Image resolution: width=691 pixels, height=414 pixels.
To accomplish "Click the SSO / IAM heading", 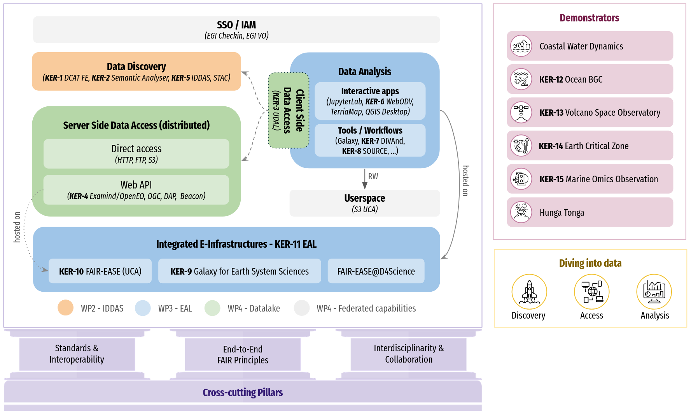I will pyautogui.click(x=236, y=25).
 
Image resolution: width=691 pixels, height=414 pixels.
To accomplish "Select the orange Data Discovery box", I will pyautogui.click(x=136, y=72).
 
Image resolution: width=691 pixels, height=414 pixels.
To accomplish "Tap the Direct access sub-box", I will pyautogui.click(x=136, y=154).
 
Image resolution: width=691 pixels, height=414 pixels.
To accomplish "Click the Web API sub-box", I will pyautogui.click(x=136, y=190).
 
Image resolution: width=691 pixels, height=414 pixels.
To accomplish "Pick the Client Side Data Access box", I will pyautogui.click(x=289, y=111).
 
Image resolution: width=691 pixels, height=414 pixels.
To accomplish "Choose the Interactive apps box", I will pyautogui.click(x=370, y=101).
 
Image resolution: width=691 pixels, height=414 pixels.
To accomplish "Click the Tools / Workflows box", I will pyautogui.click(x=370, y=140).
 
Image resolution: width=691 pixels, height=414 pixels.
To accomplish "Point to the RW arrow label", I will pyautogui.click(x=373, y=176).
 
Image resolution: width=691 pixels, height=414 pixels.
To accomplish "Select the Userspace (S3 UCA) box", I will pyautogui.click(x=364, y=203).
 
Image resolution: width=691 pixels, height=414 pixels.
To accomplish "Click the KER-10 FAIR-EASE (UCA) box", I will pyautogui.click(x=100, y=271).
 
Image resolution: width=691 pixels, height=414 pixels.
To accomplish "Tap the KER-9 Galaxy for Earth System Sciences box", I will pyautogui.click(x=240, y=271).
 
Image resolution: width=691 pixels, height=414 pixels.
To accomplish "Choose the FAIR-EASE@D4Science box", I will pyautogui.click(x=376, y=271).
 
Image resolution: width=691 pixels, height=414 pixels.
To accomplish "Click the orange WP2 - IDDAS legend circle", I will pyautogui.click(x=66, y=308).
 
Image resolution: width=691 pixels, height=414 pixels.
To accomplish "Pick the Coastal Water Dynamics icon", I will pyautogui.click(x=521, y=46).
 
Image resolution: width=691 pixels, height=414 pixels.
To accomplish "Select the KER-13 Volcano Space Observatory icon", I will pyautogui.click(x=521, y=112).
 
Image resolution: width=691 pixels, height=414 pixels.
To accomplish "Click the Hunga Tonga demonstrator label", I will pyautogui.click(x=562, y=213).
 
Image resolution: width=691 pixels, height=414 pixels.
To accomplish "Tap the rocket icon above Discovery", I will pyautogui.click(x=529, y=292).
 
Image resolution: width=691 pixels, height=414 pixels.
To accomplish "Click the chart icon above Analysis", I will pyautogui.click(x=654, y=292).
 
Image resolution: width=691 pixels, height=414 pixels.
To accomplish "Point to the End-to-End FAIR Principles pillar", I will pyautogui.click(x=243, y=354).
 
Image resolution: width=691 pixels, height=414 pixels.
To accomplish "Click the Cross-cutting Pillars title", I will pyautogui.click(x=243, y=392).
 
